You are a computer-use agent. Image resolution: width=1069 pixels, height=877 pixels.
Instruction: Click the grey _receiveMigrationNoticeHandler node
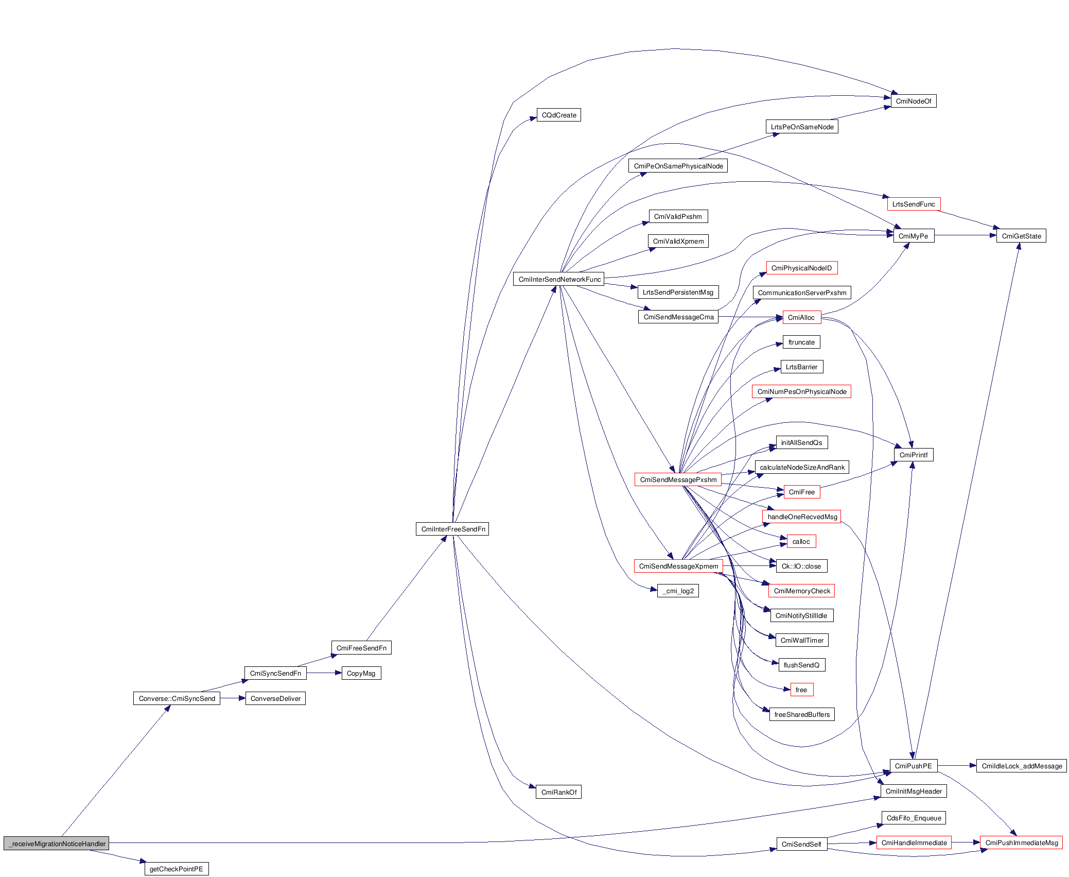[57, 844]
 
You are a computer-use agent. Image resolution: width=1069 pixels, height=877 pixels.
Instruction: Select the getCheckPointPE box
[176, 869]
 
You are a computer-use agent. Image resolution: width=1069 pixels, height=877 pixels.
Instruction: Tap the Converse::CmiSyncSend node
[177, 698]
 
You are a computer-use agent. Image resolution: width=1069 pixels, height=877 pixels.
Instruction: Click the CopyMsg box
[361, 673]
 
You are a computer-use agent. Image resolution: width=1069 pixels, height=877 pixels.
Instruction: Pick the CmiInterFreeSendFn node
[452, 529]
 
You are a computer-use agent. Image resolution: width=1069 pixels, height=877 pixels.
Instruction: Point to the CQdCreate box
[558, 115]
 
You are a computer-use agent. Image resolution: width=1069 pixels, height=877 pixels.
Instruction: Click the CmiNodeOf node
[913, 101]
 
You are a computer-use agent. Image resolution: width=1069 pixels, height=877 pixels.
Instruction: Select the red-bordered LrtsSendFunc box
[913, 204]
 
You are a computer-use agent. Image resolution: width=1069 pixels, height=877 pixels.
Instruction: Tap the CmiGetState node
[1021, 236]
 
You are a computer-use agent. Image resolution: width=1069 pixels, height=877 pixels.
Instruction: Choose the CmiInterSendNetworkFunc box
[559, 279]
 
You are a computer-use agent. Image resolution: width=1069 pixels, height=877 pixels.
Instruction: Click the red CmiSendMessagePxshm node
[678, 479]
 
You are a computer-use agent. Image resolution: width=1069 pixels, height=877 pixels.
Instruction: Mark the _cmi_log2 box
[678, 591]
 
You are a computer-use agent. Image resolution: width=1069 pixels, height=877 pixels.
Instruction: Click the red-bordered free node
[801, 690]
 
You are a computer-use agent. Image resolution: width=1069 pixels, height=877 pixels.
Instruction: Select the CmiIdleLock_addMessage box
[1021, 766]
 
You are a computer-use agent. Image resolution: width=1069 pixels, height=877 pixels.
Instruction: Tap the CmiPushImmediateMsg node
[1021, 842]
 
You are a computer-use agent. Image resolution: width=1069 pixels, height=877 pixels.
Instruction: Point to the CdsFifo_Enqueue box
[914, 818]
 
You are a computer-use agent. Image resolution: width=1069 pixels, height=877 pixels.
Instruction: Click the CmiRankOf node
[558, 792]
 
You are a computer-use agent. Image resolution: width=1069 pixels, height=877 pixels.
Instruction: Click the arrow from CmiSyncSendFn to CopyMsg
[324, 673]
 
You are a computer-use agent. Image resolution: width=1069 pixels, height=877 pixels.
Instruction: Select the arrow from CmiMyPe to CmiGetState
[965, 236]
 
